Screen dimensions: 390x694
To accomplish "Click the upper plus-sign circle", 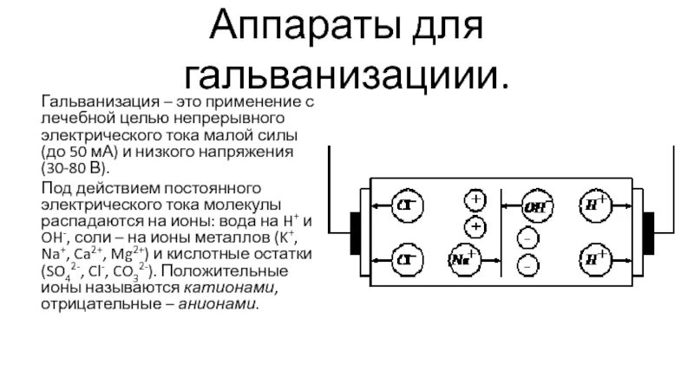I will pyautogui.click(x=475, y=202).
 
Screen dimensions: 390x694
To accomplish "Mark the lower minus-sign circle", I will pyautogui.click(x=527, y=265).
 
